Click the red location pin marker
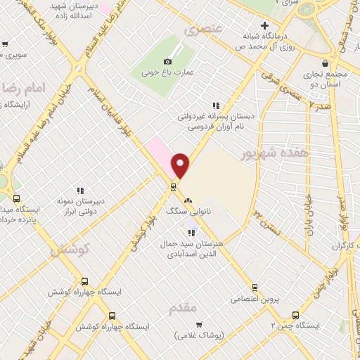(181, 164)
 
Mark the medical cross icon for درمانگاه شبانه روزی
(264, 23)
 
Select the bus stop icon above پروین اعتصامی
(255, 287)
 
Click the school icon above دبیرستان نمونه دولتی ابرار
(81, 190)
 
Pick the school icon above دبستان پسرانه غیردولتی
(216, 105)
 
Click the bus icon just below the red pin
(172, 186)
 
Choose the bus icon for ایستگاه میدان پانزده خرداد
(16, 198)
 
